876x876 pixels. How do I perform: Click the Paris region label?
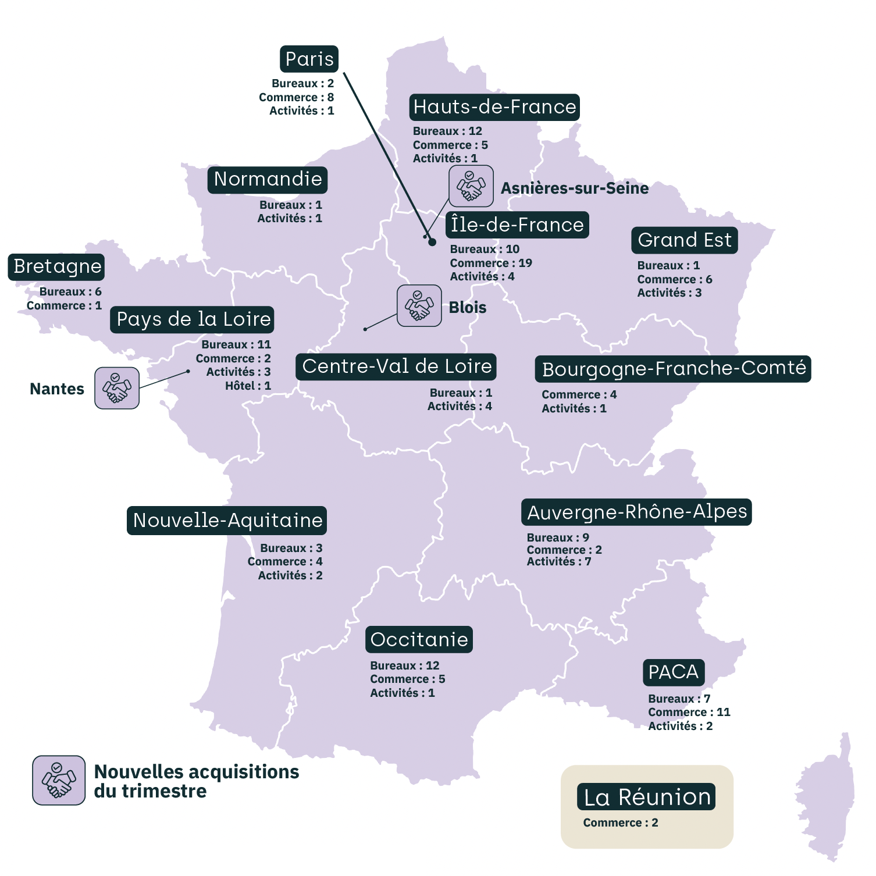point(309,59)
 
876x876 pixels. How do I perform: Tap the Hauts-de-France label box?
point(494,107)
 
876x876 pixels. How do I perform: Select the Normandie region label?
point(268,180)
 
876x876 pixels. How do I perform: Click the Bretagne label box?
point(57,267)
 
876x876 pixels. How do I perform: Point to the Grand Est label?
point(684,240)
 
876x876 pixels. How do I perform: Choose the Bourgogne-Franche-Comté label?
point(673,369)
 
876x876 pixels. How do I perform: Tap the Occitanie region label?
point(419,640)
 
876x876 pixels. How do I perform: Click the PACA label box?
point(673,672)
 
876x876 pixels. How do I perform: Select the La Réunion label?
point(647,797)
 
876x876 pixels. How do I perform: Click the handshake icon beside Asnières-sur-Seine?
point(471,186)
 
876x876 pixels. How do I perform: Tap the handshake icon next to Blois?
point(419,305)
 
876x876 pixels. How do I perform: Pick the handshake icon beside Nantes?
point(117,388)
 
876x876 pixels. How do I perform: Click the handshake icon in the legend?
point(59,780)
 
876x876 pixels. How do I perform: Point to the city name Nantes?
point(57,389)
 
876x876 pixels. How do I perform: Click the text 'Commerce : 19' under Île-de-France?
point(491,263)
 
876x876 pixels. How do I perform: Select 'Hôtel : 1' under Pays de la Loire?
point(248,386)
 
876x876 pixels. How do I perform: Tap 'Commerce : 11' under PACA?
point(689,712)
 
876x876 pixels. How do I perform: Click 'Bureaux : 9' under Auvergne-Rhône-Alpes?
point(558,537)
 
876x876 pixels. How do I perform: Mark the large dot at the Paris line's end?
point(432,242)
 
